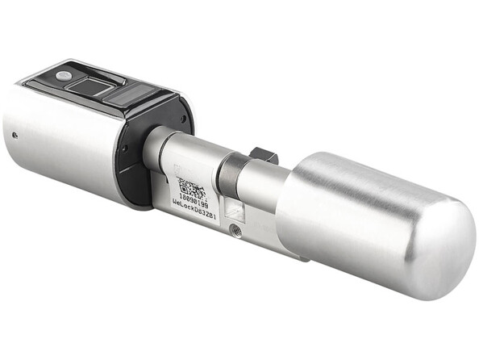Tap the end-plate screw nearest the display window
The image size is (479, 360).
click(x=185, y=118)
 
